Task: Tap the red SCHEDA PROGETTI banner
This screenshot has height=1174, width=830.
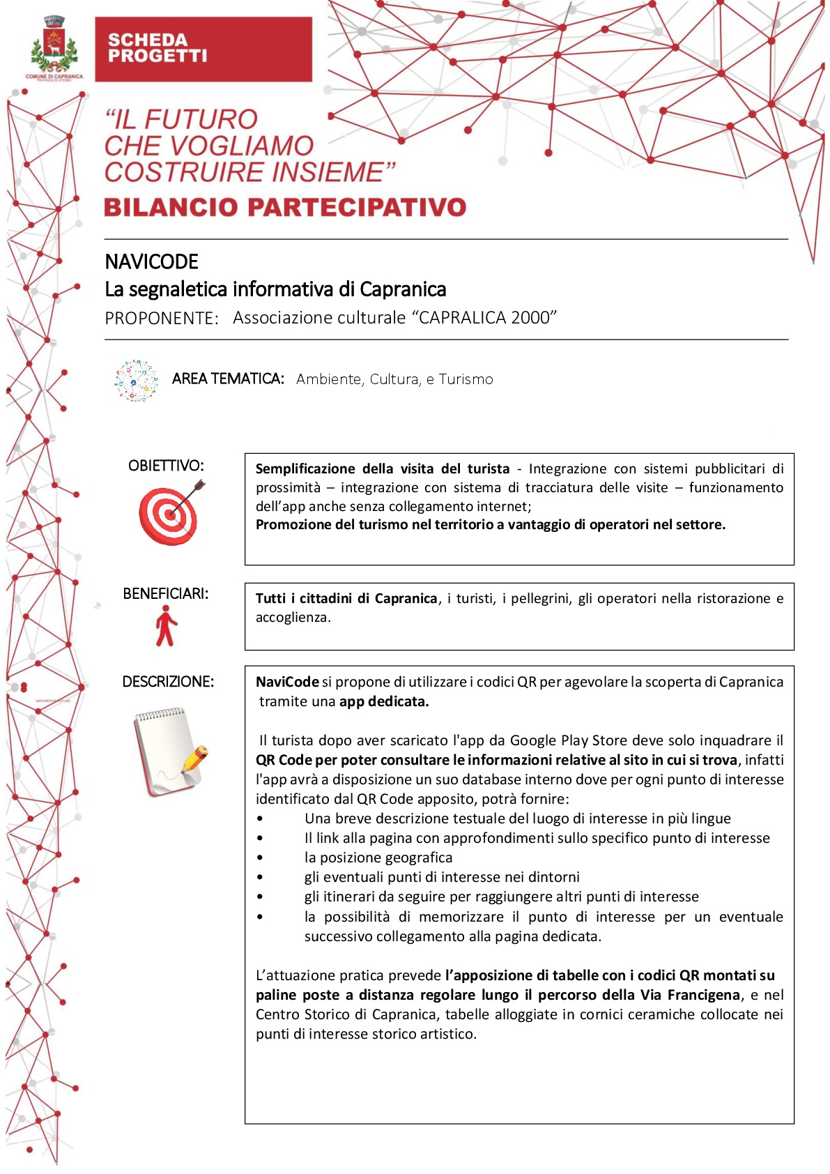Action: coord(203,49)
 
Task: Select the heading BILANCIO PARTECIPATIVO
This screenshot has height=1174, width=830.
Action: coord(285,208)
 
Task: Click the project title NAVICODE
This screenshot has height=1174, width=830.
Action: coord(151,262)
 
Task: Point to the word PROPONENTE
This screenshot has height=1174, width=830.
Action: coord(161,319)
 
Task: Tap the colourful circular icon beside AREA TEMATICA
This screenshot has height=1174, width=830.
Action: coord(137,381)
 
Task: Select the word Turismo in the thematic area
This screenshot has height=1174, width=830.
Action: coord(466,380)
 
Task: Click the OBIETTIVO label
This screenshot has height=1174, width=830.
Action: coord(166,466)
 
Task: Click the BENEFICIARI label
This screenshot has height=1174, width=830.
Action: coord(165,594)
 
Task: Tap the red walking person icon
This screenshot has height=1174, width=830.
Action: coord(166,626)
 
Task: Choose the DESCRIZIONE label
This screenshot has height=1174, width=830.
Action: coord(168,682)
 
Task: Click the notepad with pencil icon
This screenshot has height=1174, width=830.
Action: coord(169,752)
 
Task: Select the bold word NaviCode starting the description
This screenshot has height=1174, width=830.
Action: coord(287,683)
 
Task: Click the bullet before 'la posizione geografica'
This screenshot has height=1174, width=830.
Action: coord(260,858)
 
